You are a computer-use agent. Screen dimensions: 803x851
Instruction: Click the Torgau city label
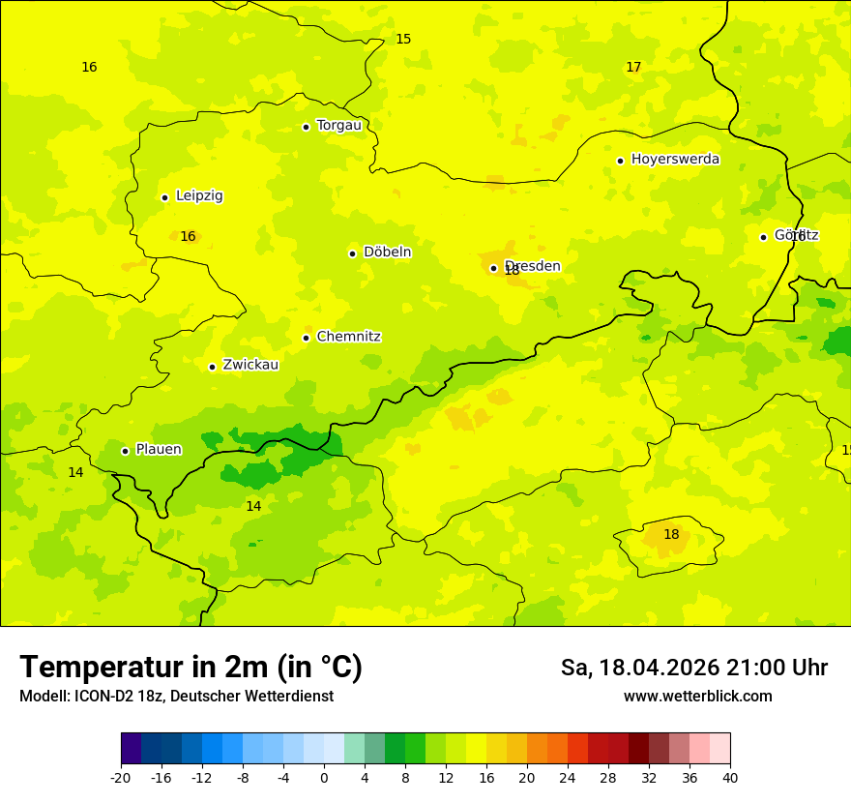pos(338,126)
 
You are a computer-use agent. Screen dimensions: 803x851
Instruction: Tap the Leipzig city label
pos(199,196)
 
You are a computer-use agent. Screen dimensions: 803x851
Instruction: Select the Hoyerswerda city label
pos(675,160)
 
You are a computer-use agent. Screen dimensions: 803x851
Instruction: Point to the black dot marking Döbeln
pos(352,253)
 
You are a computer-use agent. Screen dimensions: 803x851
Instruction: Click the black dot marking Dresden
pos(493,268)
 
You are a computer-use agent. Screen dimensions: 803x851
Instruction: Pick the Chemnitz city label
pos(348,338)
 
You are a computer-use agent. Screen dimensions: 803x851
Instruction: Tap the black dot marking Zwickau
pos(212,367)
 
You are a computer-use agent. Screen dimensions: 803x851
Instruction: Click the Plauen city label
pos(158,450)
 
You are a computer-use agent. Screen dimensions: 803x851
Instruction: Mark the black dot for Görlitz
pos(763,237)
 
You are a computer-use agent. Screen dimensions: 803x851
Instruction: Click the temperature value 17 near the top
pos(633,68)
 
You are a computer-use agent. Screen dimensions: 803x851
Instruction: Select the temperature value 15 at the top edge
pos(403,40)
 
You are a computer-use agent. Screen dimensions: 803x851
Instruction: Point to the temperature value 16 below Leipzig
pos(188,237)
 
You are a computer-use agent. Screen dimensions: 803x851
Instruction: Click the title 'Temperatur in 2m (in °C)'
pos(191,668)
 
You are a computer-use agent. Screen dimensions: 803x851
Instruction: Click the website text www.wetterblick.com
pos(697,697)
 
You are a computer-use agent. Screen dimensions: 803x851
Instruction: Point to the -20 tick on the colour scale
pos(121,778)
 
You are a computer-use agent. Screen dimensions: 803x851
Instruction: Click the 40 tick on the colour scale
pos(730,778)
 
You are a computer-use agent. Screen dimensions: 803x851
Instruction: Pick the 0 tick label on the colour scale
pos(324,778)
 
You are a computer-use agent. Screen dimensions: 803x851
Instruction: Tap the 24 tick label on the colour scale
pos(568,778)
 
